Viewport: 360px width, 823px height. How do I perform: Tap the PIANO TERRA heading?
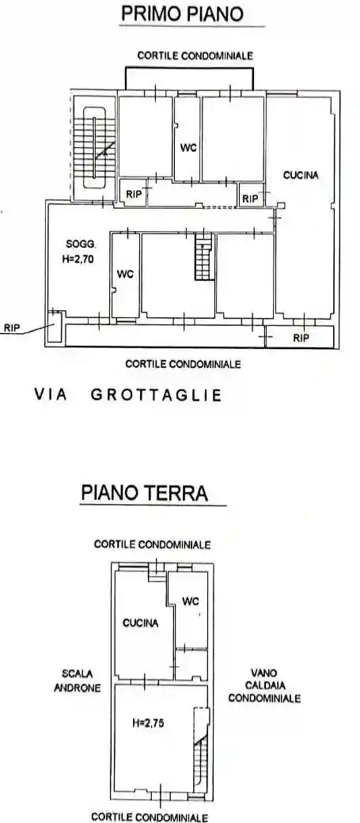click(x=144, y=493)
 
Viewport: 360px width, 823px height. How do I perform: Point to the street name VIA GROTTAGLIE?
click(x=127, y=394)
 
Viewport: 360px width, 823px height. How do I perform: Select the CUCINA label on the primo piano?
click(x=301, y=175)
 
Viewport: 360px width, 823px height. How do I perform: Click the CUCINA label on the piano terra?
click(x=140, y=623)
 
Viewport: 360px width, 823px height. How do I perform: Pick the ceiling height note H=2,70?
click(x=79, y=257)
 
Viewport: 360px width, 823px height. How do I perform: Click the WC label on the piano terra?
click(x=191, y=601)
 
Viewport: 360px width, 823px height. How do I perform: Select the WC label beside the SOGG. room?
click(x=125, y=274)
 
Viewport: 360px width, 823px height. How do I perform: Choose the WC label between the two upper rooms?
click(x=188, y=148)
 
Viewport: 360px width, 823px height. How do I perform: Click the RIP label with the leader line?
click(x=12, y=326)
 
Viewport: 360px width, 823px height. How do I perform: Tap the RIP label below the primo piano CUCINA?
click(x=300, y=338)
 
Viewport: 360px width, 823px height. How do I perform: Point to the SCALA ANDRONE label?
click(x=77, y=681)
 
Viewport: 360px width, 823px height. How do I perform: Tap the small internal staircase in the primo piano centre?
click(x=204, y=260)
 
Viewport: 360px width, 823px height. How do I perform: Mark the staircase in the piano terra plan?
click(x=199, y=752)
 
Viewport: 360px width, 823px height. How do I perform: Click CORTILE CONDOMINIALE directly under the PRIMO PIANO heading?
click(x=195, y=55)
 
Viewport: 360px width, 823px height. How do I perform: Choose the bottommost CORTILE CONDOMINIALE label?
click(x=150, y=816)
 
